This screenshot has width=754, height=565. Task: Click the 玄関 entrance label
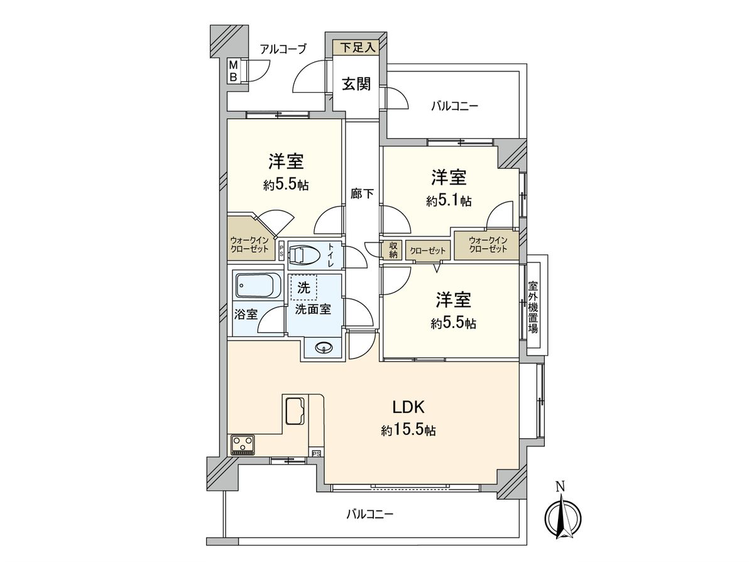coord(356,84)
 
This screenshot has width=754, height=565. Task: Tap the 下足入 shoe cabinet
coord(356,46)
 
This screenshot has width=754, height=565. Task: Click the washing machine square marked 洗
coord(304,289)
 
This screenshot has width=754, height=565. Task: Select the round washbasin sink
coord(324,347)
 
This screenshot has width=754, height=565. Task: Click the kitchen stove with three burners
coord(243,444)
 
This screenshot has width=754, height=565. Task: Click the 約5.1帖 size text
coord(449,201)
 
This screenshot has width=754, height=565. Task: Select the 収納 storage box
coord(393,250)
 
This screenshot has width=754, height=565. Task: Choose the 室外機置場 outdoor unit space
coord(533,306)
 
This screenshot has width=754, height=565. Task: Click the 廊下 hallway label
coord(362,194)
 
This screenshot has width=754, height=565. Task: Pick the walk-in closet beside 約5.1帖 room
coord(488,245)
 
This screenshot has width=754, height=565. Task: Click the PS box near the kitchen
coord(316,453)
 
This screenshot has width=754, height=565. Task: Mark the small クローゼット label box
coord(428,250)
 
